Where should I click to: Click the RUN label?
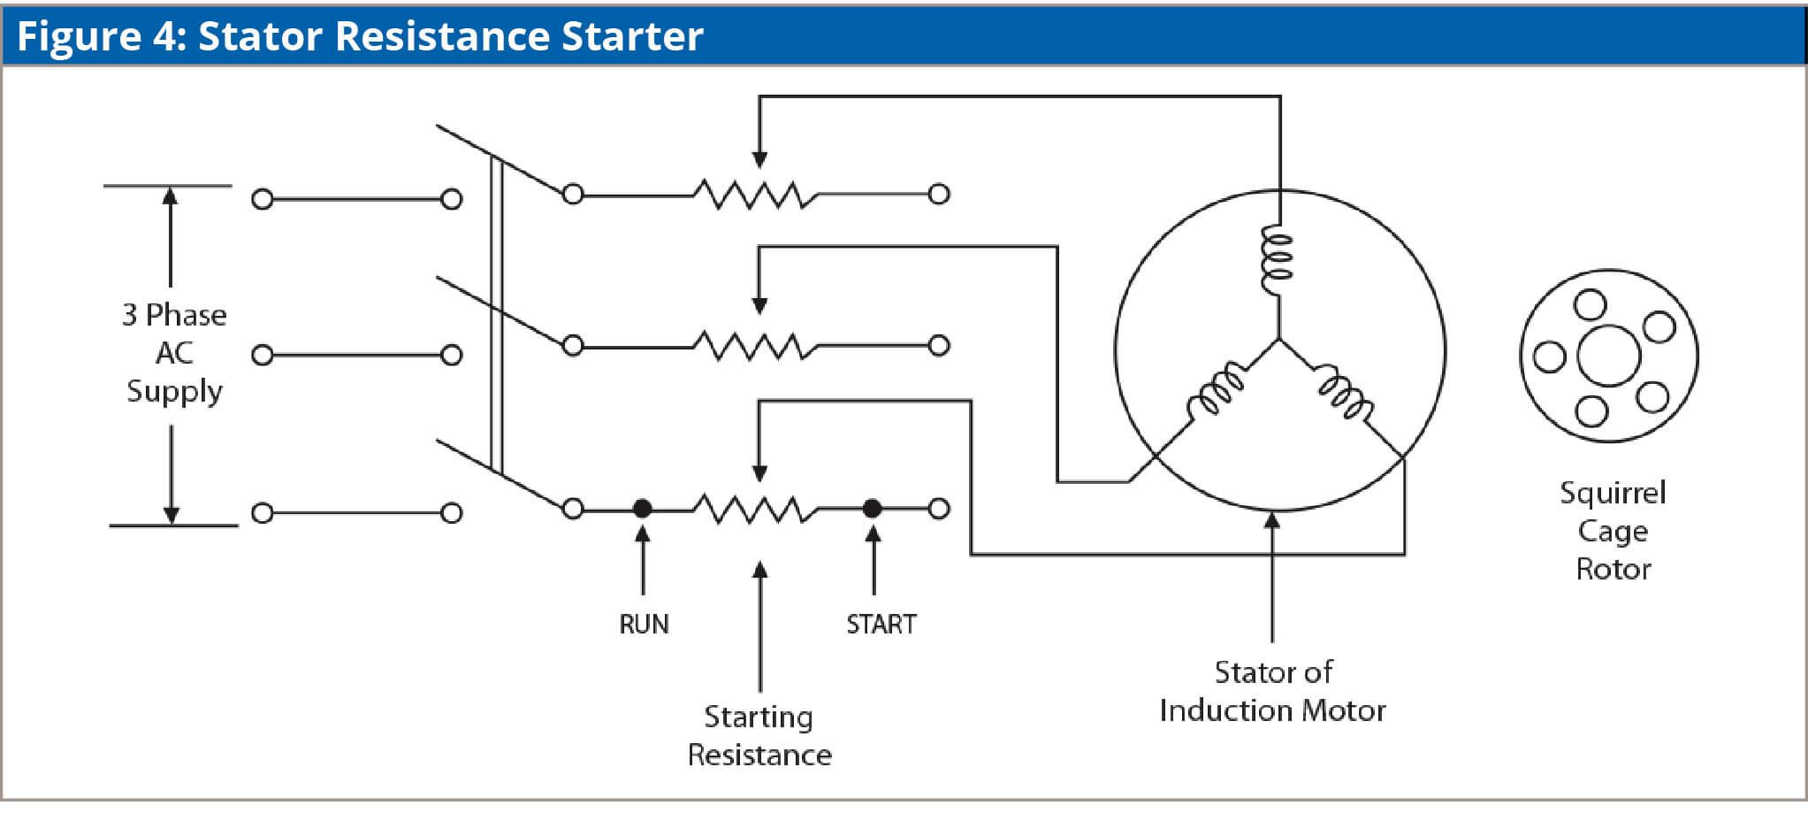[x=644, y=624]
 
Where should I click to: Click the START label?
[x=881, y=624]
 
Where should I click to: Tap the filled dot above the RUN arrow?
[x=643, y=509]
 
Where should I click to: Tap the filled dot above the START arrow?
[x=872, y=509]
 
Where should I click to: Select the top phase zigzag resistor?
[x=754, y=194]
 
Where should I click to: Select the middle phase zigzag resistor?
[x=754, y=345]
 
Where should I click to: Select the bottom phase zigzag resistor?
[x=754, y=509]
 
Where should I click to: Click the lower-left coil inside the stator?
[x=1217, y=390]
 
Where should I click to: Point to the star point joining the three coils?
[x=1278, y=339]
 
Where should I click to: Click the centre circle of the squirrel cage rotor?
[x=1609, y=356]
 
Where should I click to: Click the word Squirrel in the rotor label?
[x=1613, y=493]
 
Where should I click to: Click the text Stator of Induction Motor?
[x=1272, y=691]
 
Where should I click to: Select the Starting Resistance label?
[x=759, y=735]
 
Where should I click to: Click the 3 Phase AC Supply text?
[x=174, y=352]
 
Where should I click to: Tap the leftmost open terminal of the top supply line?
[x=262, y=199]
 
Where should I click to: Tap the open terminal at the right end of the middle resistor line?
[x=940, y=345]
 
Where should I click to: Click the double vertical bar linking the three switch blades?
[x=497, y=314]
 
